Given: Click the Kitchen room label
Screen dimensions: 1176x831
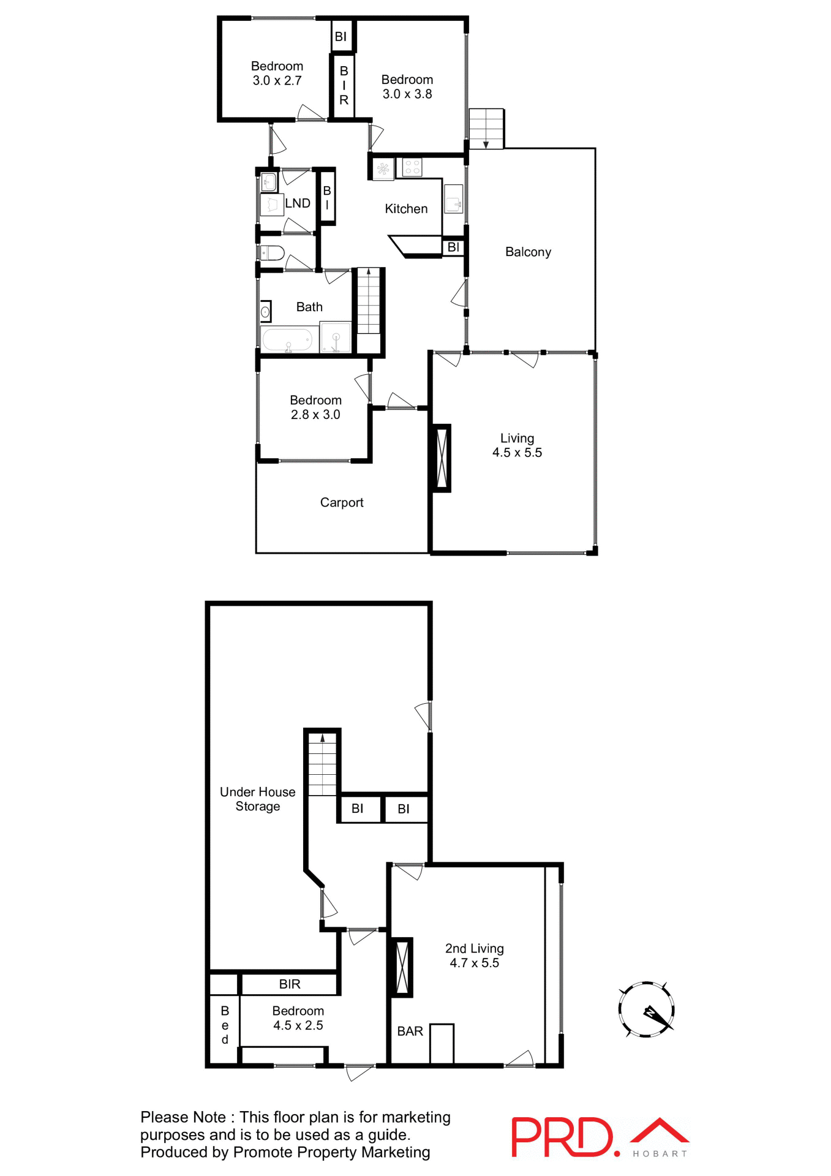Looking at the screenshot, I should [406, 209].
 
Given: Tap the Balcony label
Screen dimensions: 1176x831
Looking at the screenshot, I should [528, 252].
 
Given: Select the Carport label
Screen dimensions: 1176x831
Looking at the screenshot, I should [342, 502].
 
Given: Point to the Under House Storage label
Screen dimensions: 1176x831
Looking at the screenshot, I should [258, 799].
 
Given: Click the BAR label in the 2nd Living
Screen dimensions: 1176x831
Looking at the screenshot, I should [410, 1031].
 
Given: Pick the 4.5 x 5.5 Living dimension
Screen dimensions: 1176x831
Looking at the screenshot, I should [517, 453].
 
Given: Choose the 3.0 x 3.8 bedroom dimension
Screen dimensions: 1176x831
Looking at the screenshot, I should [407, 94].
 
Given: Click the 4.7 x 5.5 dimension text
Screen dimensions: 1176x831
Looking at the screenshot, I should [474, 962].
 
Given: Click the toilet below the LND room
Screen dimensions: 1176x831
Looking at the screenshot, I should [272, 252].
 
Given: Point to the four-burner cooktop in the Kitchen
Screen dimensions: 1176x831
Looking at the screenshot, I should [412, 167].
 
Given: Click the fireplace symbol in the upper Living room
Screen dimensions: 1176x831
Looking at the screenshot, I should [441, 458].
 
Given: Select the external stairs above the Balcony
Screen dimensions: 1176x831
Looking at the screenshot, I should [486, 128].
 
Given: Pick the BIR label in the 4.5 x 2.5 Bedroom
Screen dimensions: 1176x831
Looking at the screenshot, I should [290, 984].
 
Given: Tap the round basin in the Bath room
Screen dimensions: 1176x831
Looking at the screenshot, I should [265, 312].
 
